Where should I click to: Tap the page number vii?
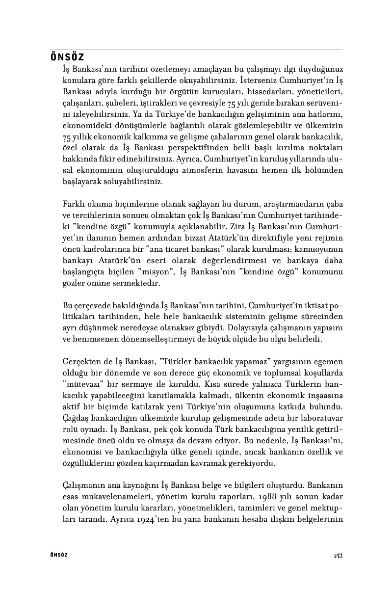coord(338,555)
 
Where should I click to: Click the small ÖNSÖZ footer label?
coord(59,555)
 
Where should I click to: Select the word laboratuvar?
coord(319,419)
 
